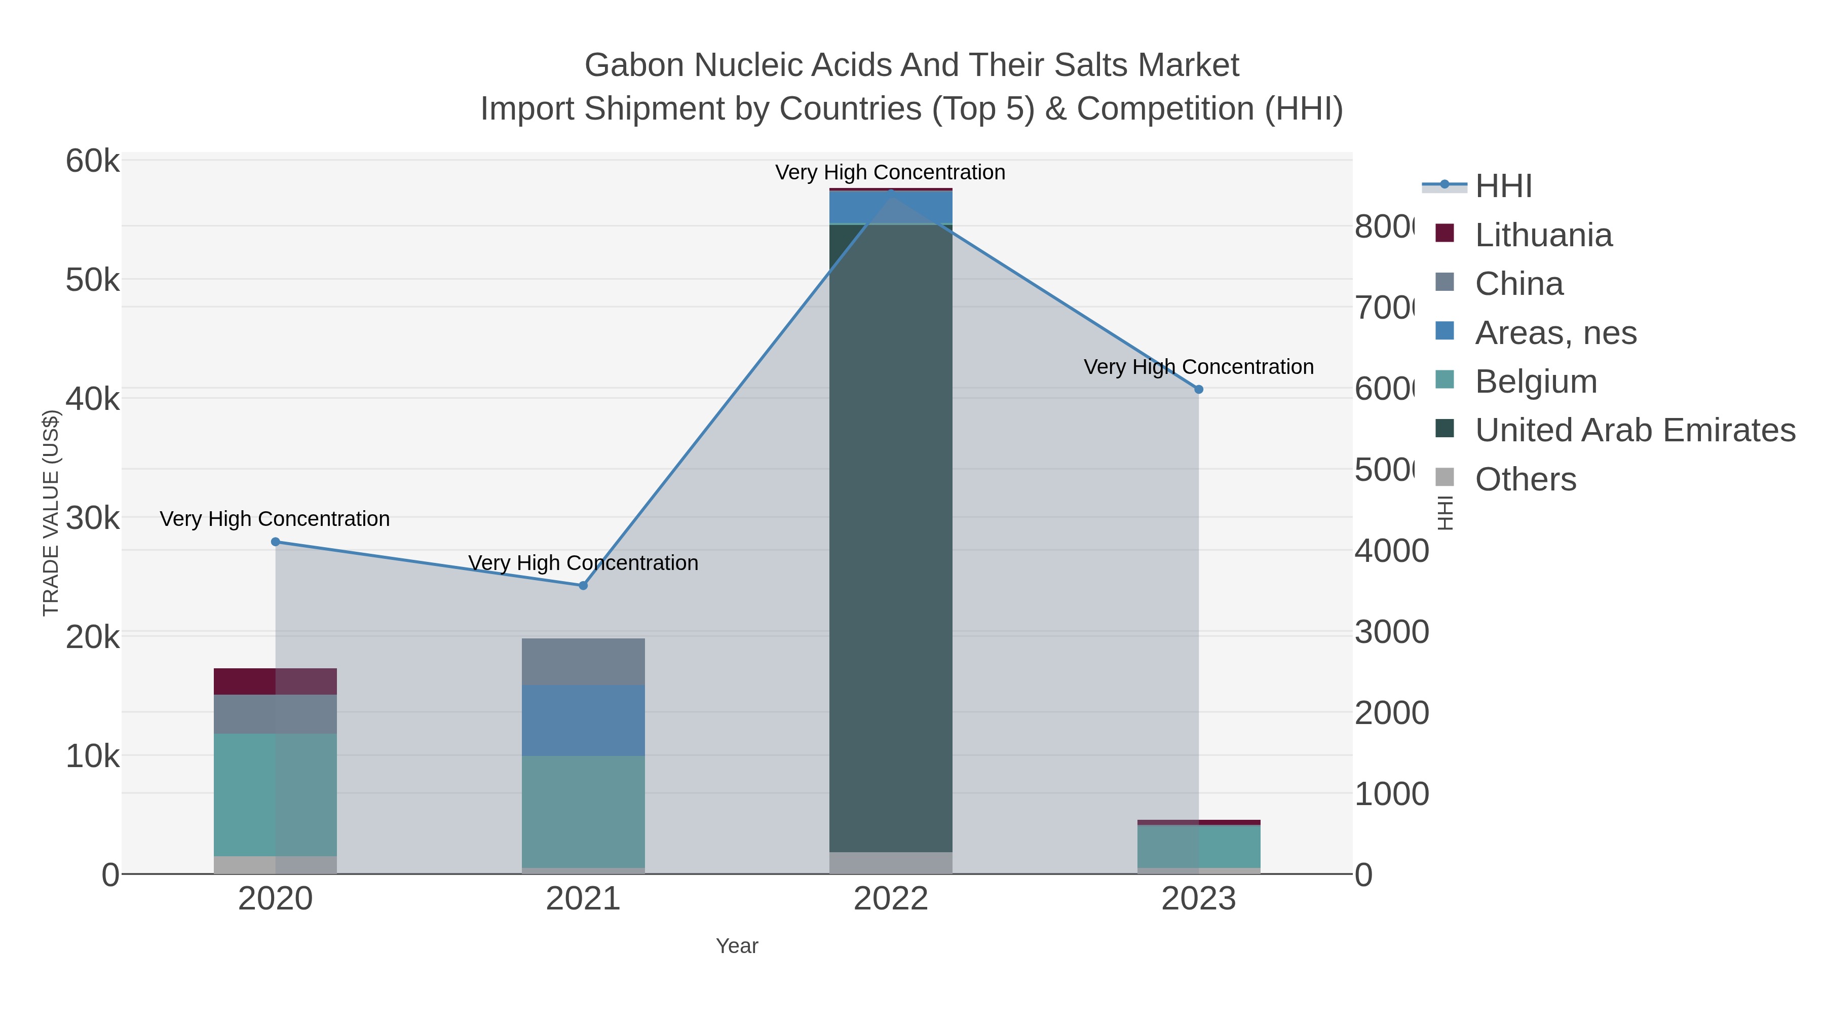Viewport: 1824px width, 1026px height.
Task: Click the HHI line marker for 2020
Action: click(276, 542)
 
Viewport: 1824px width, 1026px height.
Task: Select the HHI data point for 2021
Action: click(583, 586)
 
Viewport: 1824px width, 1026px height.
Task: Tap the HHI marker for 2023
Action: click(1198, 390)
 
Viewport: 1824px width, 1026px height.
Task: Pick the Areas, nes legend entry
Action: click(1555, 333)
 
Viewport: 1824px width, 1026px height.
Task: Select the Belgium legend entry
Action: click(1535, 382)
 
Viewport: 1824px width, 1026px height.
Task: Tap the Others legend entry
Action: click(1525, 479)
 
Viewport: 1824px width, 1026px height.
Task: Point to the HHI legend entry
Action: click(1503, 186)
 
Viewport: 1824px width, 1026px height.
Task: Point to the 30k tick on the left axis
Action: click(92, 518)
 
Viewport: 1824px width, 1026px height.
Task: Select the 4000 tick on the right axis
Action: click(1391, 551)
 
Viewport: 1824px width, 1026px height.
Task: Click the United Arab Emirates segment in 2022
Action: click(890, 538)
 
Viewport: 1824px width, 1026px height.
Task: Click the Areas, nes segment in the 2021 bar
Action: click(583, 720)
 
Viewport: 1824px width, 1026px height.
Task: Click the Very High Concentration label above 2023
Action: click(1198, 367)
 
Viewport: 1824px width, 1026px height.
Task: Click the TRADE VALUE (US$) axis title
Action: click(51, 513)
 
